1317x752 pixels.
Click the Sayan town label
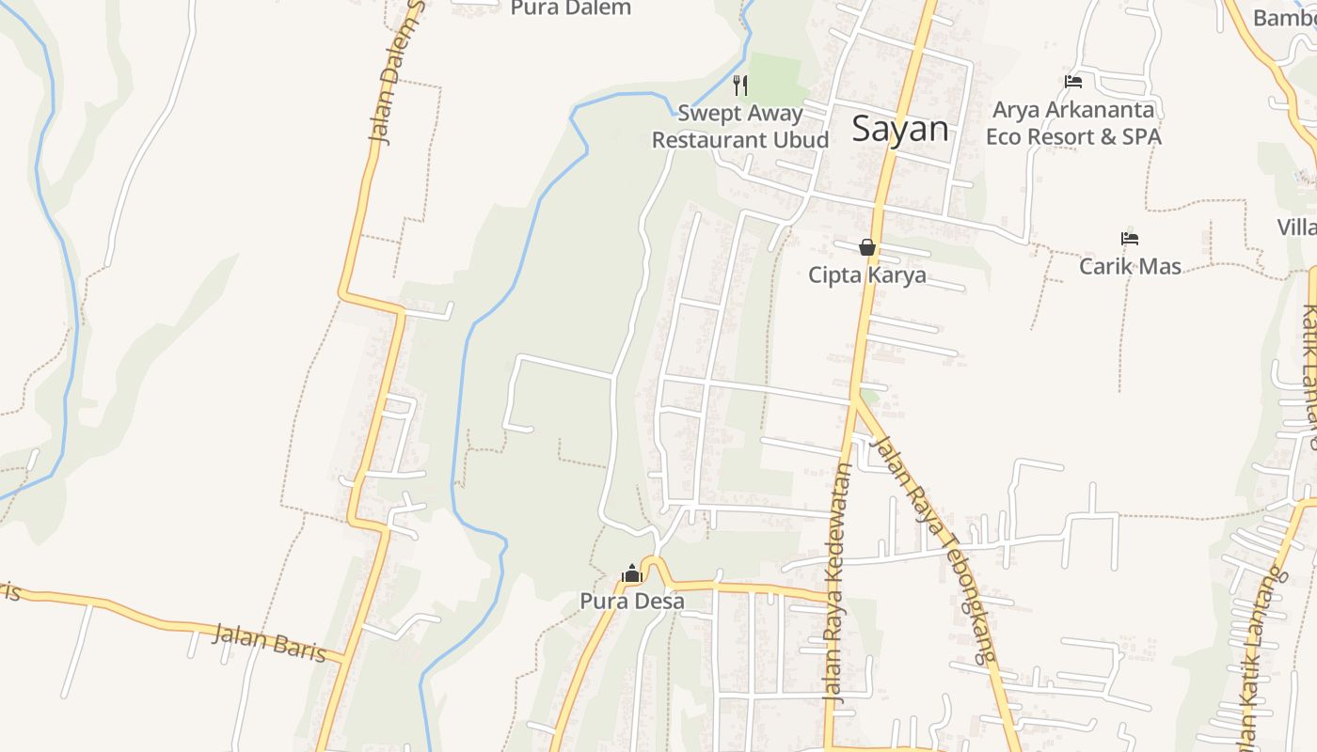click(x=900, y=129)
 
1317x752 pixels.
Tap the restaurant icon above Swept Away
click(x=741, y=86)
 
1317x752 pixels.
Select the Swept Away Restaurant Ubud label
click(x=740, y=127)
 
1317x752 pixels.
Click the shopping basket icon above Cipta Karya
click(x=867, y=248)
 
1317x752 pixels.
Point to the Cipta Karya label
click(x=867, y=275)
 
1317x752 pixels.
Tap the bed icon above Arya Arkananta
click(x=1073, y=82)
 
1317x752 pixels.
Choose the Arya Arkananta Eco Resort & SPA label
click(x=1073, y=123)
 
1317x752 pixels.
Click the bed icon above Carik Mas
click(x=1130, y=239)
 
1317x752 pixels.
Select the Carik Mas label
click(x=1130, y=266)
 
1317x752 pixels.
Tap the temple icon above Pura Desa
click(x=632, y=573)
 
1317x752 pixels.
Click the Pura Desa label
click(x=632, y=602)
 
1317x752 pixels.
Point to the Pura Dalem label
click(x=571, y=8)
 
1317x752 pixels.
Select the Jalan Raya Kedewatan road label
click(x=836, y=583)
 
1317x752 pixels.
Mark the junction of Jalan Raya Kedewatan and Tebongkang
click(x=856, y=397)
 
